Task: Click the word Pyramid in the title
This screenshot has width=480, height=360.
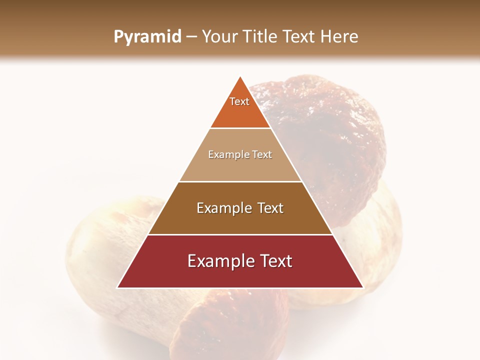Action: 147,37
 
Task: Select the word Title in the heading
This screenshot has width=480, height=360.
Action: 263,36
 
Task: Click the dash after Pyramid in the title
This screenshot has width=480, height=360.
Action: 191,37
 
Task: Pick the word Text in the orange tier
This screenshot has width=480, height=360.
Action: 239,101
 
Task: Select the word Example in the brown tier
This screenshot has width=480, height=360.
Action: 219,208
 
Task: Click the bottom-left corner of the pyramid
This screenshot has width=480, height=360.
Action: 117,287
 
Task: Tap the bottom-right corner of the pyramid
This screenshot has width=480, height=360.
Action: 363,287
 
